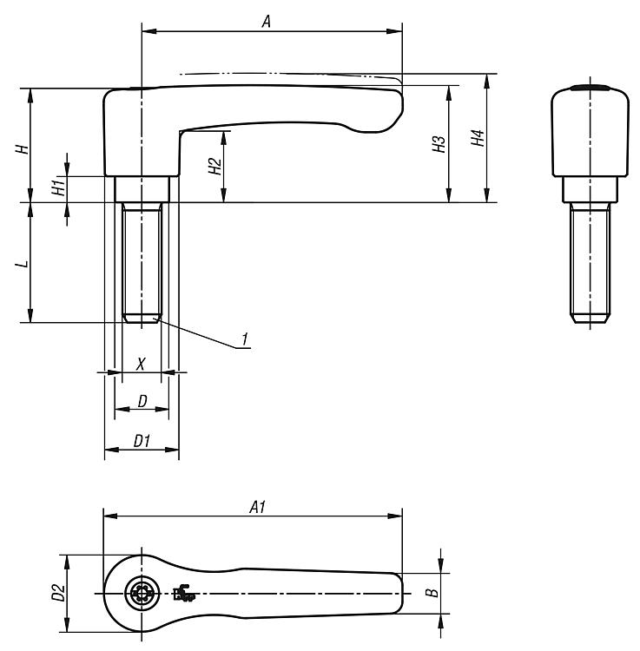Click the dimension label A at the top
tap(267, 21)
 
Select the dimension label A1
tap(258, 507)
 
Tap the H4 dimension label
tap(478, 138)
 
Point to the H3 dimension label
tap(439, 143)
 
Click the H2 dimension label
tap(214, 166)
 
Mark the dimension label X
tap(141, 364)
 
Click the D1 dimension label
tap(142, 441)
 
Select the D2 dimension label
tap(58, 593)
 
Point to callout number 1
tap(245, 339)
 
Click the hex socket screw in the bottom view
tap(142, 594)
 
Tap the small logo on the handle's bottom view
tap(184, 594)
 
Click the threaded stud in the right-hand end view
tap(591, 262)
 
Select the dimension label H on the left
tap(23, 149)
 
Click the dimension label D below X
tap(142, 402)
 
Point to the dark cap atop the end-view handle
tap(591, 88)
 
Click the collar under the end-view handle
tap(591, 190)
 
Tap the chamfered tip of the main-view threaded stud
tap(142, 319)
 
